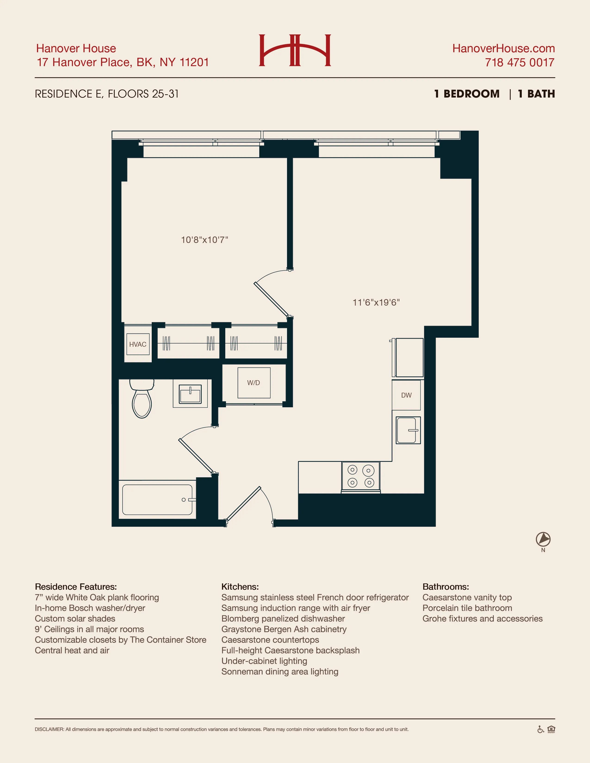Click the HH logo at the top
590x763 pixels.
[295, 50]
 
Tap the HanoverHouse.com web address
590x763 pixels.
[503, 48]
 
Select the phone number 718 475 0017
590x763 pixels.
[519, 63]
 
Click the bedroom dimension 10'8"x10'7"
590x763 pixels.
[204, 240]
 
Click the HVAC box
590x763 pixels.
[138, 344]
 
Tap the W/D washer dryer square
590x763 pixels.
[254, 383]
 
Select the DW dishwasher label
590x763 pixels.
[406, 395]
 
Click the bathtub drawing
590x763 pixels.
[157, 499]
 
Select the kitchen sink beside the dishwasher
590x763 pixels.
[408, 430]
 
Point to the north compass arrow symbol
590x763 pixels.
[543, 539]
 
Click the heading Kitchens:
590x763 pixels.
[240, 587]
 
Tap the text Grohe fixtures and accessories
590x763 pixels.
[482, 619]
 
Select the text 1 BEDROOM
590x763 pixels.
[467, 94]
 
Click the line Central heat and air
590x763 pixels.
[72, 650]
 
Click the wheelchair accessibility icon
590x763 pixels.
[540, 729]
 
